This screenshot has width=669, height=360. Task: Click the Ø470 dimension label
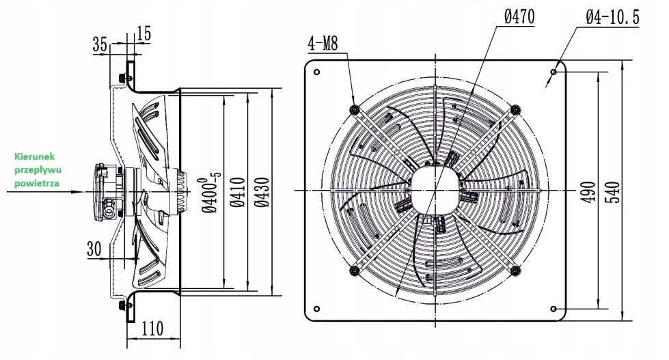pyautogui.click(x=519, y=17)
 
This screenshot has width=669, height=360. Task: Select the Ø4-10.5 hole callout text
pyautogui.click(x=612, y=17)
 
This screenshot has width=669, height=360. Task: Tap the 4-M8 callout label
pyautogui.click(x=323, y=43)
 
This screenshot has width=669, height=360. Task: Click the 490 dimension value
pyautogui.click(x=589, y=192)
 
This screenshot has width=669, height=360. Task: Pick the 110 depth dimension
pyautogui.click(x=152, y=328)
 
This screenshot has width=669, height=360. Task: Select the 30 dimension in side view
pyautogui.click(x=94, y=249)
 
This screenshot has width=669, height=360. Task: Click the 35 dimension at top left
pyautogui.click(x=100, y=44)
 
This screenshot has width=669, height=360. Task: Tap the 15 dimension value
pyautogui.click(x=144, y=33)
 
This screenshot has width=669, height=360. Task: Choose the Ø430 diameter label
pyautogui.click(x=262, y=192)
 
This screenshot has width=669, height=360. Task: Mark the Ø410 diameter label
pyautogui.click(x=237, y=192)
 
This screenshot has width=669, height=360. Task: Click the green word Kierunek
pyautogui.click(x=35, y=156)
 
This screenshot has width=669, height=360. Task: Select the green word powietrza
pyautogui.click(x=37, y=183)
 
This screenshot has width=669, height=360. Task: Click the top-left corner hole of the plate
pyautogui.click(x=316, y=72)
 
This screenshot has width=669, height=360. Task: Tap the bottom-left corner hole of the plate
pyautogui.click(x=316, y=308)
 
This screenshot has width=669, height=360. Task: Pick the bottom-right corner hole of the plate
pyautogui.click(x=554, y=308)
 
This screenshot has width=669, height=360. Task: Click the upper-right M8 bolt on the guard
pyautogui.click(x=515, y=109)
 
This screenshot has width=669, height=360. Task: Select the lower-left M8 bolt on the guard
pyautogui.click(x=354, y=271)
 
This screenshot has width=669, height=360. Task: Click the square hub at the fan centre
pyautogui.click(x=435, y=190)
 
